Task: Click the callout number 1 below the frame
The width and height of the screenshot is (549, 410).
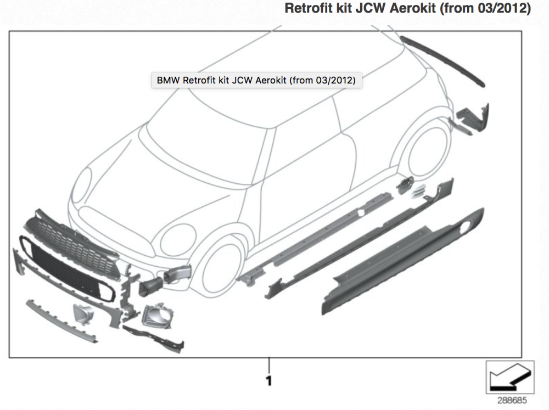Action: [269, 380]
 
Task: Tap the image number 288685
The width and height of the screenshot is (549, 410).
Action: [512, 400]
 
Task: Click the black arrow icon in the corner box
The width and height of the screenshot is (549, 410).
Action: [510, 378]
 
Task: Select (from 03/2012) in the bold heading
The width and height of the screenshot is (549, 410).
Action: [485, 8]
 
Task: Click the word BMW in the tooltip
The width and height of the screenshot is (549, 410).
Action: [168, 80]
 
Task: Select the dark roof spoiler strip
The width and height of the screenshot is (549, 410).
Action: [442, 61]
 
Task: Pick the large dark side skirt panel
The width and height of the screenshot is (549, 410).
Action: [402, 261]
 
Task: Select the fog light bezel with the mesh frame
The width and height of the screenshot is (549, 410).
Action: [157, 316]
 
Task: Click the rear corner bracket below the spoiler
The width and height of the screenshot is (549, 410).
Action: [473, 119]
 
